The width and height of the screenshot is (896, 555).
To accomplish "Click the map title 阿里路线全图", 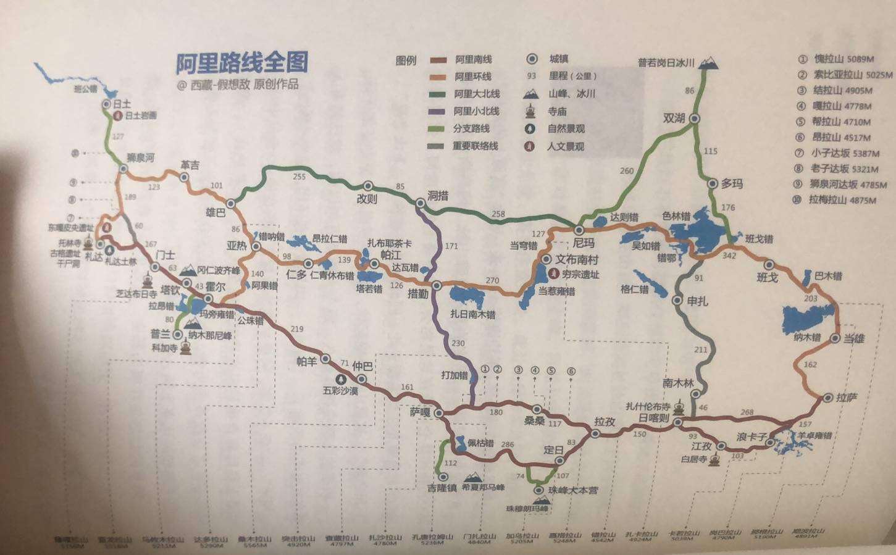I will [242, 62].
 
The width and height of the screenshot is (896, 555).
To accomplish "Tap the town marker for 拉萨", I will [827, 398].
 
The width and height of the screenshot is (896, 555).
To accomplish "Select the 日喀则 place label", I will [654, 417].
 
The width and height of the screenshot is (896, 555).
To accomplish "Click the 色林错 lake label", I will [676, 215].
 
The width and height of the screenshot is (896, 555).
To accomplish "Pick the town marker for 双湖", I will [695, 119].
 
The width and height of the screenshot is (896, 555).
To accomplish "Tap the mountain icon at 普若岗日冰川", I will [710, 62].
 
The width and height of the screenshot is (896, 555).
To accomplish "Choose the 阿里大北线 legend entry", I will [477, 94].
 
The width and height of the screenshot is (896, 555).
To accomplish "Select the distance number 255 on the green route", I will [299, 177].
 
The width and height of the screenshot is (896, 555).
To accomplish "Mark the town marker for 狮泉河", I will [124, 168].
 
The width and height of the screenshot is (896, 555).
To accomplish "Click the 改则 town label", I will [366, 199].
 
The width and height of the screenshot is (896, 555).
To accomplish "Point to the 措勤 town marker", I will [437, 285].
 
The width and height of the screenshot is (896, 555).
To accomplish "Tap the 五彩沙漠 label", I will [340, 390].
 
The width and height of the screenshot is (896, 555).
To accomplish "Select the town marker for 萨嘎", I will [438, 413].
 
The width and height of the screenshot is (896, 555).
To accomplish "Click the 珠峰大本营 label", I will [574, 490].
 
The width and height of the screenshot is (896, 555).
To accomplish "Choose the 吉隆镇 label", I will [442, 488].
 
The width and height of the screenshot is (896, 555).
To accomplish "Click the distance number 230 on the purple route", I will [458, 343].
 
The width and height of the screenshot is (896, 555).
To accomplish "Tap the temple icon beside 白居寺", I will [715, 460].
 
